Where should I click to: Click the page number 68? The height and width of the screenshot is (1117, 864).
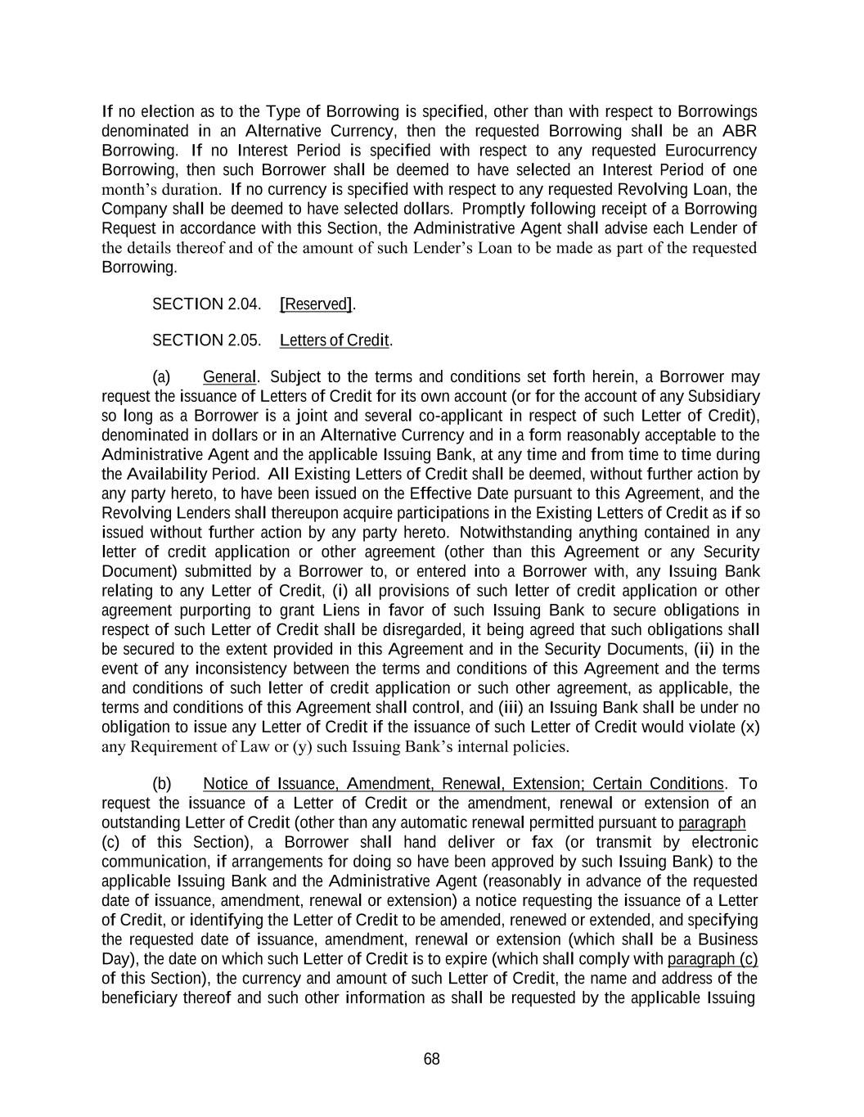431,1060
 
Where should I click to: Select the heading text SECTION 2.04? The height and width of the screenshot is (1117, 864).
206,304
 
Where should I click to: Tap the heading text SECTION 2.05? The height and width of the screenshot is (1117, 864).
206,340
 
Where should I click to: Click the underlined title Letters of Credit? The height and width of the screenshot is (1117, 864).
334,340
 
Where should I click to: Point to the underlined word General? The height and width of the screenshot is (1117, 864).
230,377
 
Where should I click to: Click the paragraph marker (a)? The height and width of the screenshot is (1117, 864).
161,377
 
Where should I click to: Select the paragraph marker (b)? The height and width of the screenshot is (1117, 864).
161,784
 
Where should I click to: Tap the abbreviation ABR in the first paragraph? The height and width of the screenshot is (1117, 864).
739,131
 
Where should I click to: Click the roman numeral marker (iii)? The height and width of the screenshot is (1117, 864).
506,708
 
